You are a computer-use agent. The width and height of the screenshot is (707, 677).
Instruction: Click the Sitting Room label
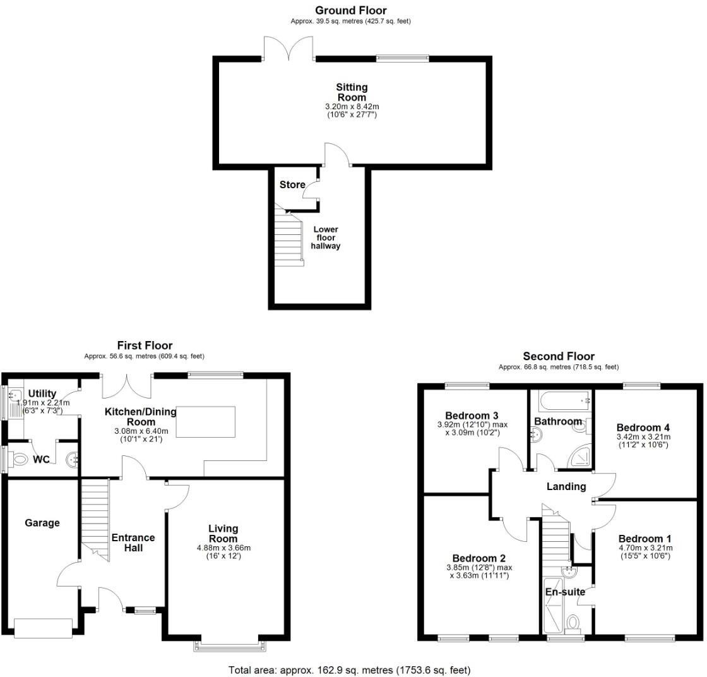[x=352, y=92]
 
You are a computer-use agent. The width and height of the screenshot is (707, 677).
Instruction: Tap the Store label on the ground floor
[x=292, y=185]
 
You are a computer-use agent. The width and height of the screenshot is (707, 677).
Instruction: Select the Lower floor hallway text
[x=325, y=237]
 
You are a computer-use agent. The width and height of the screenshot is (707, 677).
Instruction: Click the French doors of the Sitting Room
[x=288, y=51]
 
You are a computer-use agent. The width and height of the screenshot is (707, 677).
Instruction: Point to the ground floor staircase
[x=288, y=237]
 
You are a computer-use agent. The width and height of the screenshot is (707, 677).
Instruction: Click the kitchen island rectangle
[x=206, y=422]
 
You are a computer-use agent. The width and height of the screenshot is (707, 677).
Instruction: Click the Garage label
[x=42, y=523]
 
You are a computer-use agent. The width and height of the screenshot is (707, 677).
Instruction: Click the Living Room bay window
[x=229, y=645]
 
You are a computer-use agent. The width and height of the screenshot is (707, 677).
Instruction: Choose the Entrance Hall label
[x=133, y=542]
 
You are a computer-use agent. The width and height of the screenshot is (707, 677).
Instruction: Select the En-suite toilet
[x=573, y=623]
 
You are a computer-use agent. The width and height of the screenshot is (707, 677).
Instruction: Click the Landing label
[x=566, y=486]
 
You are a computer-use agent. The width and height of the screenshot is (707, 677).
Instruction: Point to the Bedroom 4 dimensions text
[x=643, y=440]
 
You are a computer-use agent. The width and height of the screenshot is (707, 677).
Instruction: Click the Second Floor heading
[x=559, y=356]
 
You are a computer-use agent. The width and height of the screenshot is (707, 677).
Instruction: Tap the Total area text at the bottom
[x=349, y=669]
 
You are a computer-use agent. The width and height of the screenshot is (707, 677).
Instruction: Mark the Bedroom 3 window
[x=467, y=385]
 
